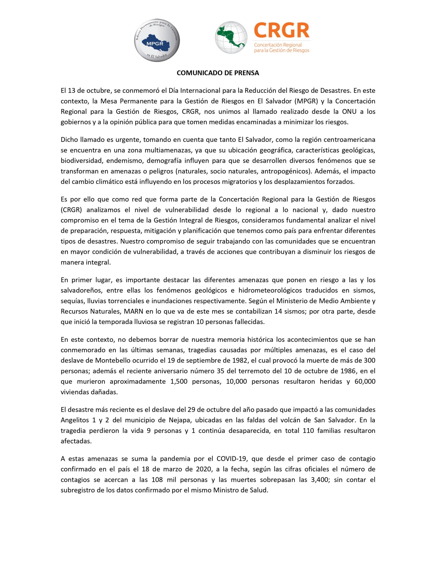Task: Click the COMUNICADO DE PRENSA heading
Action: (x=218, y=73)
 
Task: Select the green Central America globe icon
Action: (x=231, y=38)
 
